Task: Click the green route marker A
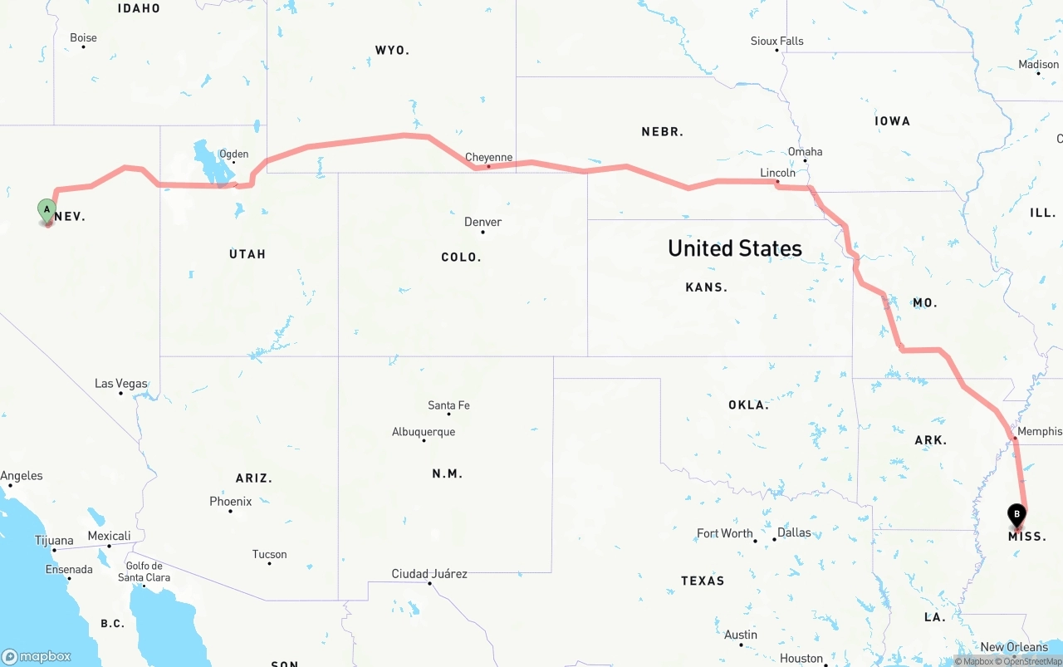pyautogui.click(x=47, y=209)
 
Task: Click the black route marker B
pyautogui.click(x=1016, y=515)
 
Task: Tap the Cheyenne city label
pyautogui.click(x=488, y=157)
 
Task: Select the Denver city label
pyautogui.click(x=483, y=222)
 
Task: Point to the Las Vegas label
pyautogui.click(x=120, y=384)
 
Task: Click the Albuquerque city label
pyautogui.click(x=424, y=432)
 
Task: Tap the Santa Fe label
pyautogui.click(x=448, y=405)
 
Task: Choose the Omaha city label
pyautogui.click(x=805, y=151)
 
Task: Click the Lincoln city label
pyautogui.click(x=777, y=173)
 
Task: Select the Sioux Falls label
pyautogui.click(x=776, y=41)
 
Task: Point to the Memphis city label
pyautogui.click(x=1039, y=431)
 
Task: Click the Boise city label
pyautogui.click(x=83, y=37)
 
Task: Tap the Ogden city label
pyautogui.click(x=233, y=154)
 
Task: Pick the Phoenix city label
pyautogui.click(x=230, y=502)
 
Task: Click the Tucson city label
pyautogui.click(x=269, y=554)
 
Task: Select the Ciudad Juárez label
pyautogui.click(x=429, y=574)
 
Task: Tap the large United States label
pyautogui.click(x=734, y=248)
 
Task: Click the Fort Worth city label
pyautogui.click(x=724, y=533)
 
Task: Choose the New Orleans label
pyautogui.click(x=1014, y=647)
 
